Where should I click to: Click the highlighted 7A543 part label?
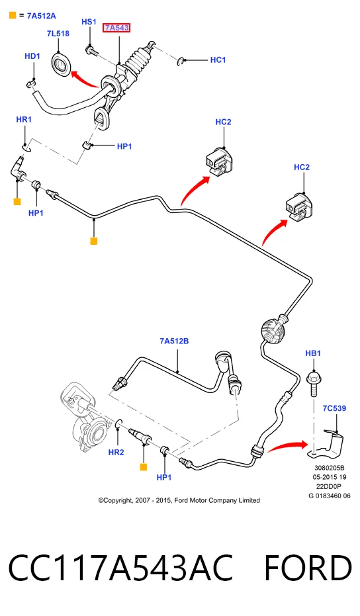[x=116, y=28]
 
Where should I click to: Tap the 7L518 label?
[x=58, y=33]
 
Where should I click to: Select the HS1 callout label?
[x=89, y=22]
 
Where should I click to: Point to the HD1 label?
[x=32, y=56]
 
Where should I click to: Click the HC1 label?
[x=218, y=60]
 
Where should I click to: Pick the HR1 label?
[x=24, y=119]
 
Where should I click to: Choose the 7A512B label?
[x=174, y=341]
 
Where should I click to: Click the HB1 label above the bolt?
[x=313, y=353]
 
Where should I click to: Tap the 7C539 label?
[x=334, y=408]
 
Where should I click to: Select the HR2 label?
[x=116, y=452]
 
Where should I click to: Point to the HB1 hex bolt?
[x=313, y=384]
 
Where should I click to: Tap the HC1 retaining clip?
[x=181, y=61]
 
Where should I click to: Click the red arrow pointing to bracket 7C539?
[x=287, y=446]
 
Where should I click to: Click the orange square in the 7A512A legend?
[x=13, y=16]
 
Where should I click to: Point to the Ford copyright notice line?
[x=179, y=500]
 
